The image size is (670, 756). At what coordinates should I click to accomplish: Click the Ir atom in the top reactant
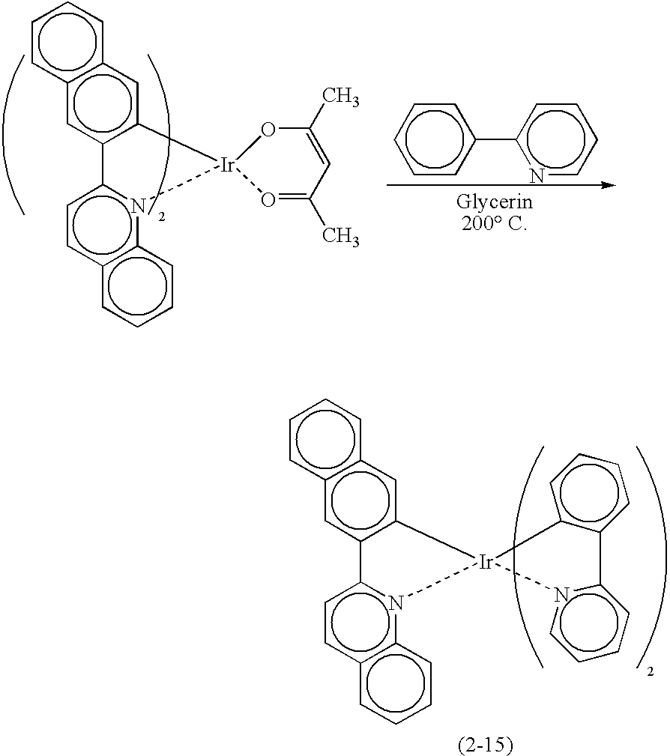[x=227, y=166]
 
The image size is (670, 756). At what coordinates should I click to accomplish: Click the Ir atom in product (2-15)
[x=485, y=562]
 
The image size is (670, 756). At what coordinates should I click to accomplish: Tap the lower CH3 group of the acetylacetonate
[x=340, y=238]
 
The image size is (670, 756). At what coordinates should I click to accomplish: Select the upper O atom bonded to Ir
[x=268, y=130]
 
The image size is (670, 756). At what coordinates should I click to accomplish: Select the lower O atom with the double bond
[x=268, y=199]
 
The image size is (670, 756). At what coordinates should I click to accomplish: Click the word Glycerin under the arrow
[x=495, y=202]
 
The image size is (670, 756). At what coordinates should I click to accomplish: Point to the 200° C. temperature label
[x=495, y=224]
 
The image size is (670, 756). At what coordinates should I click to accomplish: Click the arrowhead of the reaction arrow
[x=610, y=185]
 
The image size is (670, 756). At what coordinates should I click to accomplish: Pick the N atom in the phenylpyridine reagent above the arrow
[x=537, y=175]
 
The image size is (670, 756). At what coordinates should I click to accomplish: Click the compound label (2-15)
[x=485, y=746]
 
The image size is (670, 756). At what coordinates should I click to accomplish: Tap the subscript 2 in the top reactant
[x=162, y=218]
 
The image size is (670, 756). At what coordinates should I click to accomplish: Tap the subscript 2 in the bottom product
[x=651, y=671]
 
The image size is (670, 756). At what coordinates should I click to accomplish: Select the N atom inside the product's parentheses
[x=561, y=595]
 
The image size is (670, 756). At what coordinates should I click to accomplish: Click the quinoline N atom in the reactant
[x=138, y=208]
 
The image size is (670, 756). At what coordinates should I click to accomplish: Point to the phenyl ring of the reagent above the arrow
[x=436, y=139]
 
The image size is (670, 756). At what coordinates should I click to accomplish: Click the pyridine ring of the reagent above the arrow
[x=556, y=139]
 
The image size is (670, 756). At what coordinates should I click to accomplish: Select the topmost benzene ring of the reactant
[x=67, y=43]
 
